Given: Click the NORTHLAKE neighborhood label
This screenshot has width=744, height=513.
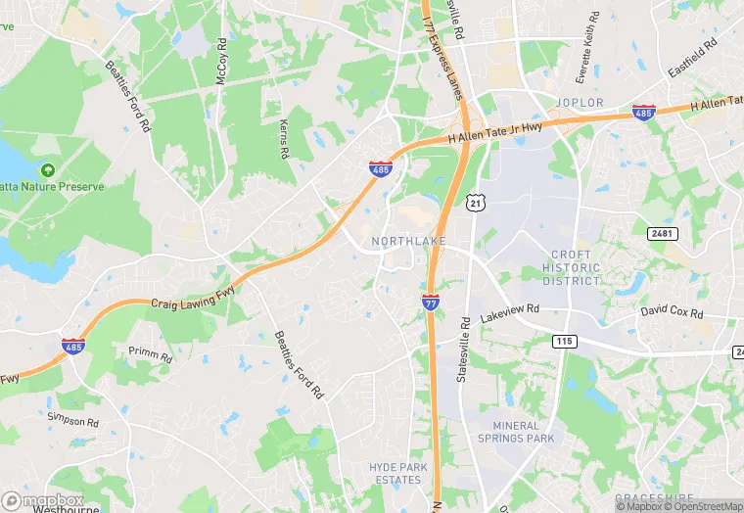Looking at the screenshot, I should point(409,241).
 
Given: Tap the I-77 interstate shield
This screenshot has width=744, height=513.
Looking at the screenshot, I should point(431,303).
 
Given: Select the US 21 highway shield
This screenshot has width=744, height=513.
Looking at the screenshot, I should point(475,202).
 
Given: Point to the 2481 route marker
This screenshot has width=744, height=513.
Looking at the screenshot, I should point(663,233).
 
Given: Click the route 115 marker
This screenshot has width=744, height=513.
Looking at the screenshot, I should point(564,341).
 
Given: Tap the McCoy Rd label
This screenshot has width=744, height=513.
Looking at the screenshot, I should point(222,60).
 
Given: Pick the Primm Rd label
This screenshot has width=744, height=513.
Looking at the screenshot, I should point(150,352).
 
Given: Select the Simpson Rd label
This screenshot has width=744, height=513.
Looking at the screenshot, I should point(73,421).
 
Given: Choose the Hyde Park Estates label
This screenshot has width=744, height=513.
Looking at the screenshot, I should point(398,474).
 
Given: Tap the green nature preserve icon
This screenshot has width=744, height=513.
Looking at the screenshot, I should point(47,170).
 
